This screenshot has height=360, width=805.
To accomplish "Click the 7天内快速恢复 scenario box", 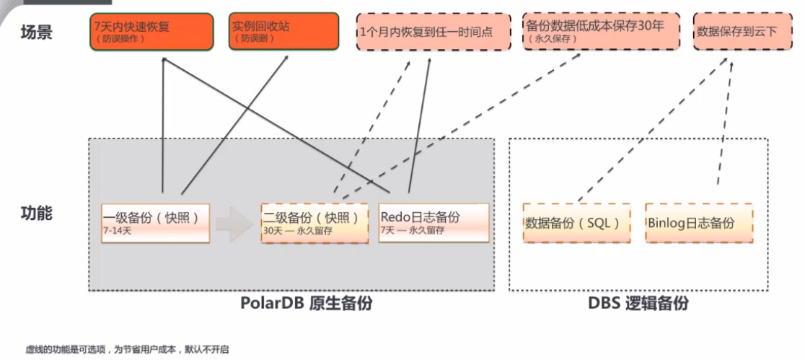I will point(151,32).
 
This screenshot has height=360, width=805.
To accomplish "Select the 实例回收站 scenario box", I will point(284,32).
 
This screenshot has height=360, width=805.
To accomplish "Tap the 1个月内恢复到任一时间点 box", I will point(432,32).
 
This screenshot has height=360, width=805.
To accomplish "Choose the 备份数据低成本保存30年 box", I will point(601,31).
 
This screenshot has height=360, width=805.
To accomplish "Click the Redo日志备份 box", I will point(433,222).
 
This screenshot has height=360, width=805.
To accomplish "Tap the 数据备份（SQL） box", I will point(576,223).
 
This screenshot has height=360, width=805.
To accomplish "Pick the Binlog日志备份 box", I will point(698,223).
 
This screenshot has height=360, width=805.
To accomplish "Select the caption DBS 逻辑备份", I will point(638,304).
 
